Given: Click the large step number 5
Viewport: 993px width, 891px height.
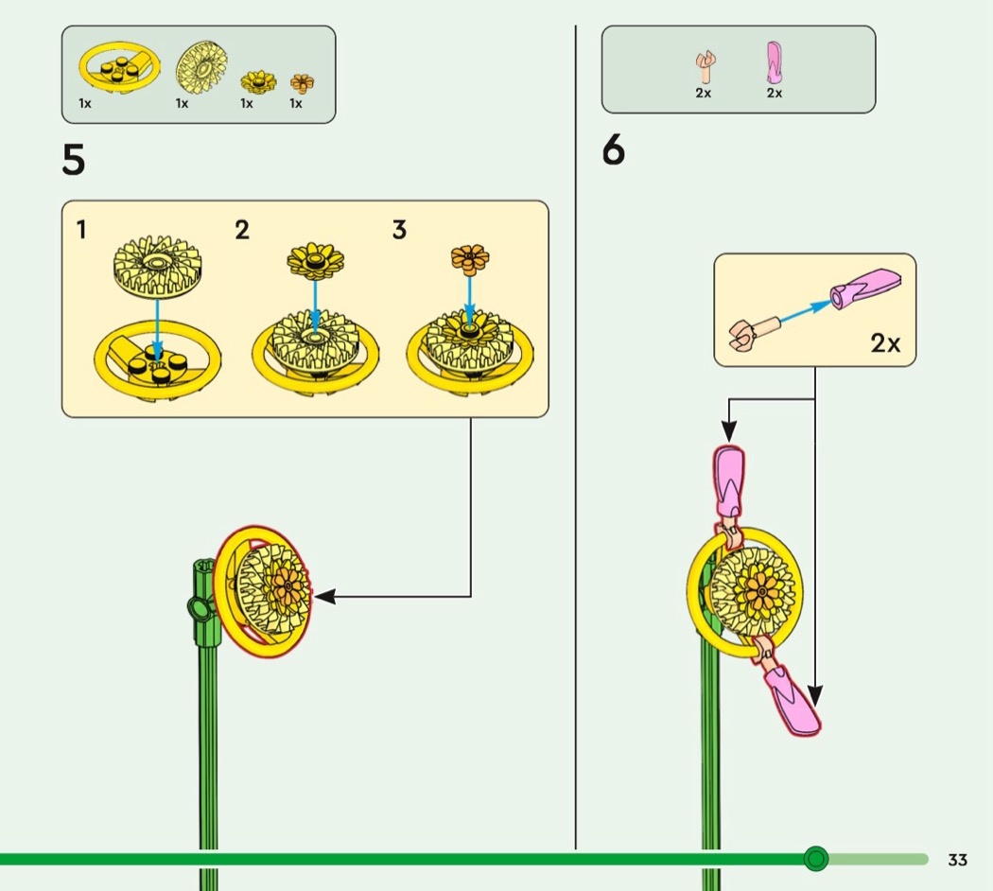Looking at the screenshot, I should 74,160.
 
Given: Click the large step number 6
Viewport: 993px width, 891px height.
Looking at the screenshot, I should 614,150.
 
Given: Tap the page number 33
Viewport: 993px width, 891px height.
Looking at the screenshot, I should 958,860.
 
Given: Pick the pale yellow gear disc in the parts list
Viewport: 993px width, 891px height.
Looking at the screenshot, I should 201,68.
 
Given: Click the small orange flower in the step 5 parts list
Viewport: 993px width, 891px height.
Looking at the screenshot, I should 303,82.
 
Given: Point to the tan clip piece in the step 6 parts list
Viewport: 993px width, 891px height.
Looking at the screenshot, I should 705,65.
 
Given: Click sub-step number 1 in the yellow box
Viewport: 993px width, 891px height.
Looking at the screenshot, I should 82,229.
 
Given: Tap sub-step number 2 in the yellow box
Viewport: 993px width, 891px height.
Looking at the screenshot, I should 242,230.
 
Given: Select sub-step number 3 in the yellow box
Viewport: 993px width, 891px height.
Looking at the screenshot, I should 399,230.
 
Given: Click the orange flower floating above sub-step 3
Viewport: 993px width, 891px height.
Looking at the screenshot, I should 469,255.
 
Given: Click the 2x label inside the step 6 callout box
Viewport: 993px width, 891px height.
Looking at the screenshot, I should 885,343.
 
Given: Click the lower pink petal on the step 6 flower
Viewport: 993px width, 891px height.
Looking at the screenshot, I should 793,699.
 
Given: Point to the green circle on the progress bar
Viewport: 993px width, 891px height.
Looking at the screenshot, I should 815,859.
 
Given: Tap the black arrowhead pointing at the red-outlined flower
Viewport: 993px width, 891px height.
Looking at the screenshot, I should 322,596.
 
